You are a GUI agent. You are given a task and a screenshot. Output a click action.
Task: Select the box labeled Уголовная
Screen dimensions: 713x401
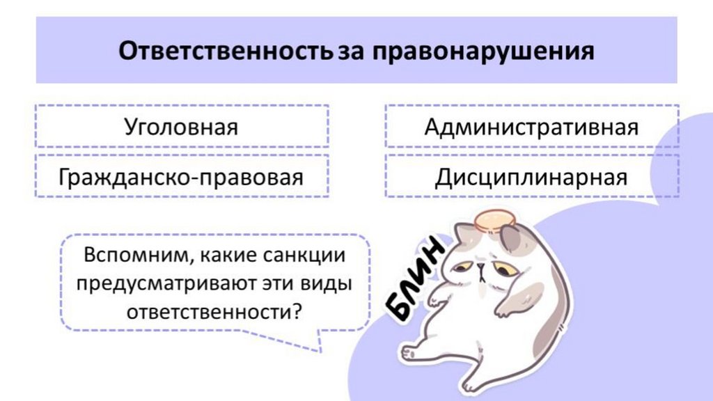coord(181,127)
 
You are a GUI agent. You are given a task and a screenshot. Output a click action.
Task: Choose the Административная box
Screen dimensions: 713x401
coord(531,127)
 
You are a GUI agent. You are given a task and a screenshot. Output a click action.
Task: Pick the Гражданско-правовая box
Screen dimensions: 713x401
coord(181,177)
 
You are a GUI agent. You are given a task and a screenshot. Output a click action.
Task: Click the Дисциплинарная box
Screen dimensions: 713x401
coord(531,177)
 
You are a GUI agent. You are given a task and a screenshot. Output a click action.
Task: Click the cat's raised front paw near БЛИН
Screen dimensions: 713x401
coord(439,299)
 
